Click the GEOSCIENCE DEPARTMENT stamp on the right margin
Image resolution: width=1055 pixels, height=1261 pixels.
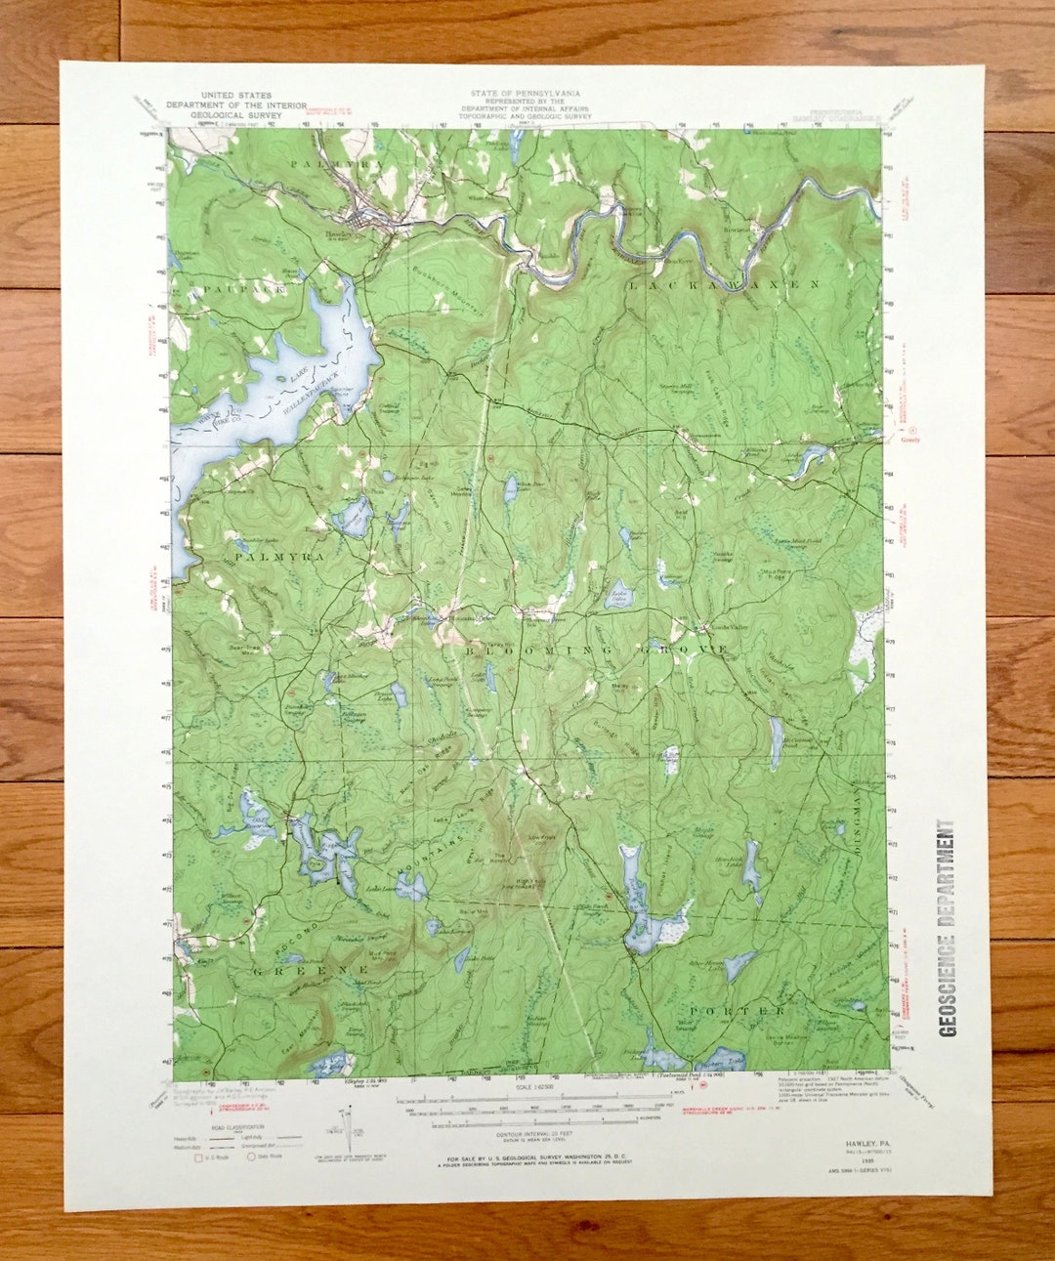point(947,927)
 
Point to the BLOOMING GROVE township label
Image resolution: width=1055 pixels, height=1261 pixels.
point(596,650)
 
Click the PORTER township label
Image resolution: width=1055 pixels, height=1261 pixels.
point(738,1009)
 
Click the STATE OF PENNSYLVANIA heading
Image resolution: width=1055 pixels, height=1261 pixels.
point(525,94)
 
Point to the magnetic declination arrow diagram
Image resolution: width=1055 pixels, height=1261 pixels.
point(347,1128)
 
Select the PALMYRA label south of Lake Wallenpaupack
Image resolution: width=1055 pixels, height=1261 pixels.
point(265,556)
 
